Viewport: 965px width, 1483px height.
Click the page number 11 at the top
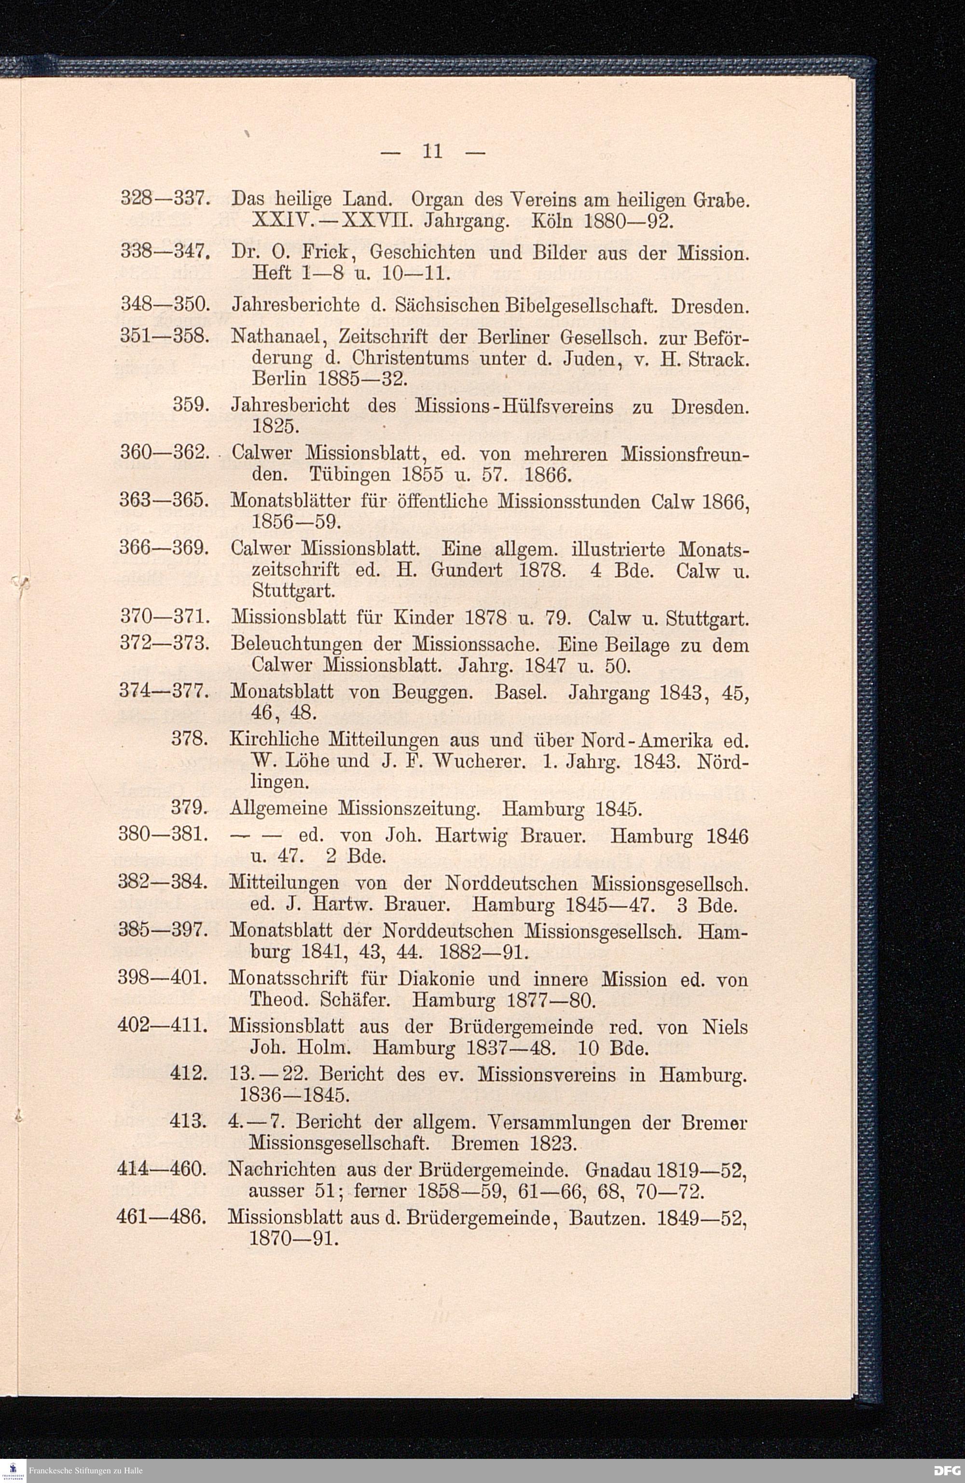[432, 152]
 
